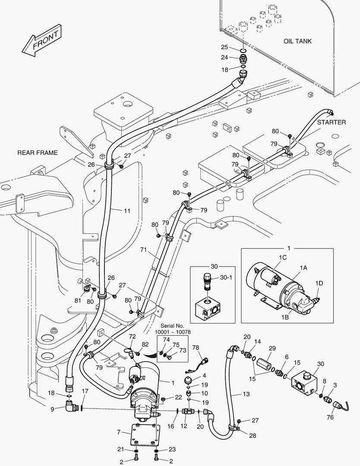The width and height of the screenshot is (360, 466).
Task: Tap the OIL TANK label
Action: click(x=297, y=41)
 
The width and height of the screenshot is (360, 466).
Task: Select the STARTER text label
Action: click(x=332, y=122)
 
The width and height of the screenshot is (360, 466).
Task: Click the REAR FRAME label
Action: click(x=37, y=153)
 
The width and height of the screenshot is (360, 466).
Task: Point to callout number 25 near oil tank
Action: click(x=224, y=47)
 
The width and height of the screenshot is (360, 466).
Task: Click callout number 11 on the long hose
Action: click(x=126, y=211)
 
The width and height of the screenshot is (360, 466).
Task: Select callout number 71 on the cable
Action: click(x=144, y=249)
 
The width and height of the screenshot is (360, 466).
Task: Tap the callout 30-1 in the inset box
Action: click(x=226, y=278)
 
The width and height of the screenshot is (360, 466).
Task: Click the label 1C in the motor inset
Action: click(x=283, y=257)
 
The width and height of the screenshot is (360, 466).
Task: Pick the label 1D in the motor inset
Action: click(x=319, y=283)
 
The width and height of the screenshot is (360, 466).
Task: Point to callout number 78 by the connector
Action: click(x=195, y=348)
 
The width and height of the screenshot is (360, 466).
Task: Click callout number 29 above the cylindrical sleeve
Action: click(x=272, y=348)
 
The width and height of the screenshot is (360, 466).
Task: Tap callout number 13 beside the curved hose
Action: click(x=246, y=394)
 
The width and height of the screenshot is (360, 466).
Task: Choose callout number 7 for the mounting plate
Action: click(x=118, y=431)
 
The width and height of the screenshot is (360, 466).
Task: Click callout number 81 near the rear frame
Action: click(x=78, y=301)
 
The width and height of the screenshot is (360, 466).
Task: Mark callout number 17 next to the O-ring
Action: click(x=85, y=391)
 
